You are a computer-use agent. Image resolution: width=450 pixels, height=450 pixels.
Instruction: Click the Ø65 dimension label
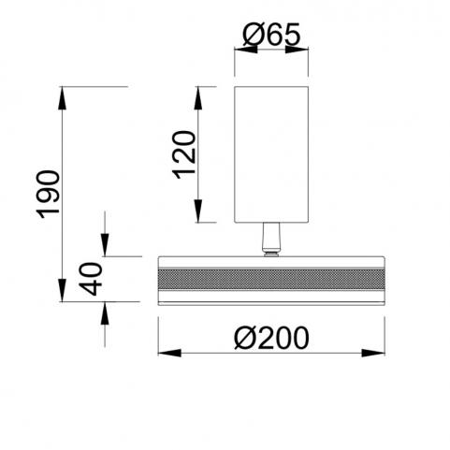click(x=271, y=35)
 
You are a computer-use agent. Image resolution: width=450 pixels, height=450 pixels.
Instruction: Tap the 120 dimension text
click(x=184, y=155)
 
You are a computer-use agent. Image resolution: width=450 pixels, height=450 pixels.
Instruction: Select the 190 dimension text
click(x=48, y=195)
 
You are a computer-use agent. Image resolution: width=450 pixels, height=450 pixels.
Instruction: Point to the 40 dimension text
click(x=91, y=279)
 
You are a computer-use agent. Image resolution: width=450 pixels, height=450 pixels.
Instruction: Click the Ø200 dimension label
click(x=271, y=338)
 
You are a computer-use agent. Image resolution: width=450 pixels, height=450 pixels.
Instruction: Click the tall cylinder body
click(x=271, y=154)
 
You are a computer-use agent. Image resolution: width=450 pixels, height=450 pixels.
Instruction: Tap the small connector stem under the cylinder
click(x=271, y=237)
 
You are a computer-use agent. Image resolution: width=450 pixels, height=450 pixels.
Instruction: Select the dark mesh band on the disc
click(x=271, y=280)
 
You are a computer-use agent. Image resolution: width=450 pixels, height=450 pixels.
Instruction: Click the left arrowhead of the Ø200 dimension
click(x=169, y=353)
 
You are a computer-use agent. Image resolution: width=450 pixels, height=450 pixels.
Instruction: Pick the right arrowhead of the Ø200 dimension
click(x=373, y=353)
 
